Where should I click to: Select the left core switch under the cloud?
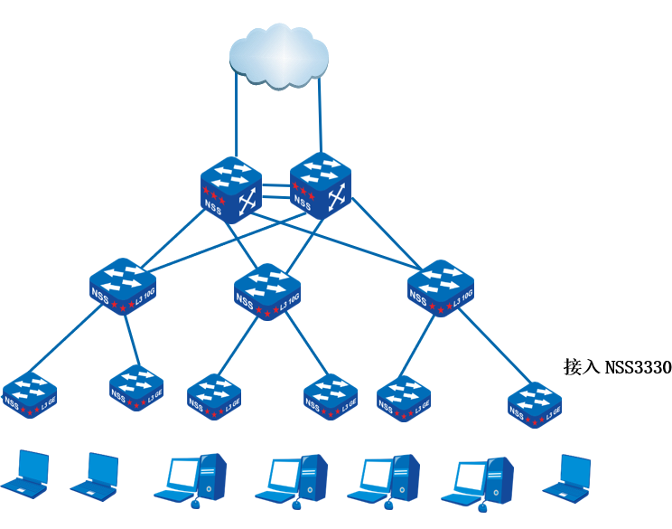click(231, 189)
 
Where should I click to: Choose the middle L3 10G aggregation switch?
click(266, 289)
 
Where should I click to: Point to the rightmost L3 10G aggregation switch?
click(440, 288)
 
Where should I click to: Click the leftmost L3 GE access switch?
click(30, 392)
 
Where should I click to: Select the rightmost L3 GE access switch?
click(534, 403)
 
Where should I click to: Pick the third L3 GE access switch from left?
click(214, 395)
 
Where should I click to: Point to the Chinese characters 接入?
click(578, 366)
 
